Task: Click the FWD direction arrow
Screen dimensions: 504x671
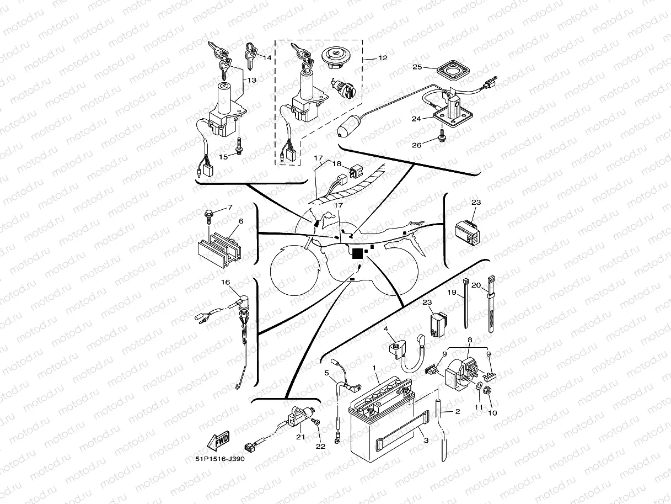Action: pos(219,441)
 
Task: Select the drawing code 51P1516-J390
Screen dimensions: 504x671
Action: pos(219,459)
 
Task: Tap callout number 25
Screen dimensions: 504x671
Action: pos(417,67)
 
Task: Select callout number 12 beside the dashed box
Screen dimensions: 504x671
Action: pos(382,57)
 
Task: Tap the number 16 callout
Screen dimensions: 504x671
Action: pos(226,282)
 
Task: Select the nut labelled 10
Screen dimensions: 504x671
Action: pos(489,391)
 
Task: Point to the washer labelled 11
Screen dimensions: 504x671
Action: pos(477,384)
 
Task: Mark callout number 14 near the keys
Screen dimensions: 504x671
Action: pos(267,57)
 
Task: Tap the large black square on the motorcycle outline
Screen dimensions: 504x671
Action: pos(357,253)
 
